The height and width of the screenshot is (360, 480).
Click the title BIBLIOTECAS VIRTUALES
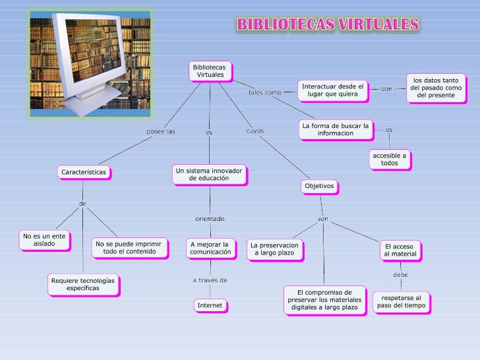point(328,25)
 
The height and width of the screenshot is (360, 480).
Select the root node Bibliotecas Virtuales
point(210,71)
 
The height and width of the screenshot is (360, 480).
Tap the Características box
point(84,172)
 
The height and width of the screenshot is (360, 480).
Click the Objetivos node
point(320,187)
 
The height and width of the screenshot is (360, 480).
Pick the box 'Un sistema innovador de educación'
point(209,174)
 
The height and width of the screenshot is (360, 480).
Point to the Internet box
point(210,305)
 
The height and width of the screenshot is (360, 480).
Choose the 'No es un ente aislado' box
point(45,240)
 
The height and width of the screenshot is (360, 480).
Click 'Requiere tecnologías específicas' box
point(82,284)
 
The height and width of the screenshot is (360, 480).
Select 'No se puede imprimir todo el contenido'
point(129,247)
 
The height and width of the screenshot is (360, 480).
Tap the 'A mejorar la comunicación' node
point(210,247)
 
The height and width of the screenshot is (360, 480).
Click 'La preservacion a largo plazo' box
point(274,249)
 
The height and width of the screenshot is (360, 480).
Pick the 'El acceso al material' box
point(400,251)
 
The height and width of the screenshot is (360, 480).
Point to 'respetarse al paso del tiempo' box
point(402,302)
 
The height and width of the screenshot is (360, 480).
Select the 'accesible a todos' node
point(390,159)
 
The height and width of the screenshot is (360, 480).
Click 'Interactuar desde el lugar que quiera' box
point(332,90)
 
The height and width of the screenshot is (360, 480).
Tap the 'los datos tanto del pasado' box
point(436,88)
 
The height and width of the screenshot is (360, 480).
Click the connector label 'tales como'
point(265,93)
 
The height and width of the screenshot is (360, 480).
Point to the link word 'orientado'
point(210,218)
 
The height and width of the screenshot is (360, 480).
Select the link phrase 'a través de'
point(210,280)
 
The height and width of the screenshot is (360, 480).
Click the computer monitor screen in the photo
point(95,50)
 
